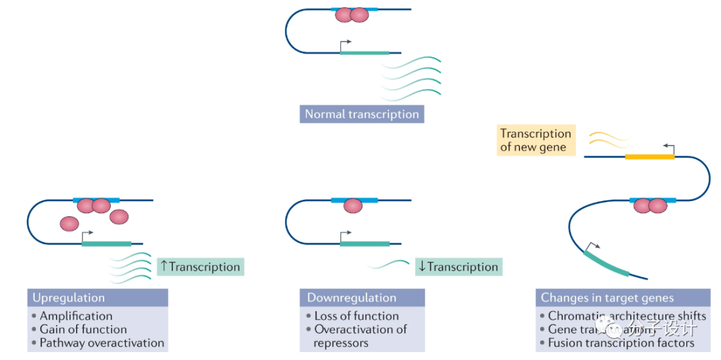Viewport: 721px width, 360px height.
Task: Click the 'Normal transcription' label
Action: coord(362,114)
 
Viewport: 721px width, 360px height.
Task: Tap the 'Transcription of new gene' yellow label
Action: coord(535,141)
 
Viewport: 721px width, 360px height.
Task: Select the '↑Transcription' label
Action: coord(200,267)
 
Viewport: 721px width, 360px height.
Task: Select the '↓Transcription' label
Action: coord(459,267)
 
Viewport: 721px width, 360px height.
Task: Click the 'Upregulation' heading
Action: coord(69,298)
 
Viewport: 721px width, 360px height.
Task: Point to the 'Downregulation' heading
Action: coord(352,298)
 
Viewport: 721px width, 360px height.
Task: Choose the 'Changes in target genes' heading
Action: coord(608,298)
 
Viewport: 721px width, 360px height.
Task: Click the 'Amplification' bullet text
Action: coord(76,316)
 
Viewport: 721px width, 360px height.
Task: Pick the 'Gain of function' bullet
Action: coord(83,329)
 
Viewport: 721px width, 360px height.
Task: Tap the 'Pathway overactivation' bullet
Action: coord(101,343)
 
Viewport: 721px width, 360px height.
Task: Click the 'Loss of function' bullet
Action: coord(356,316)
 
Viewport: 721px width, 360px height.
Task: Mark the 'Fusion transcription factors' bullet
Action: coord(621,343)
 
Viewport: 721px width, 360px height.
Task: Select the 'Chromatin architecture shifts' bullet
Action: coord(627,316)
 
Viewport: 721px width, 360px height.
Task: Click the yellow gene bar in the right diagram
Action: coord(649,157)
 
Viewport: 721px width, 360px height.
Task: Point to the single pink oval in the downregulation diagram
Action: coord(352,206)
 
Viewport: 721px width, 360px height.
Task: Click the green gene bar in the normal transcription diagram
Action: coord(365,52)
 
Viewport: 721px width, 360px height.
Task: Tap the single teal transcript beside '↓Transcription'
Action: coord(389,264)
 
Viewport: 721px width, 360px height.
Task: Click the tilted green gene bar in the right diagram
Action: coord(607,262)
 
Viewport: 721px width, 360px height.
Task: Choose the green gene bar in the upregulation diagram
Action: coord(106,244)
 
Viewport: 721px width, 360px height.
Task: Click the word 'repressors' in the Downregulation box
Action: coord(340,343)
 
